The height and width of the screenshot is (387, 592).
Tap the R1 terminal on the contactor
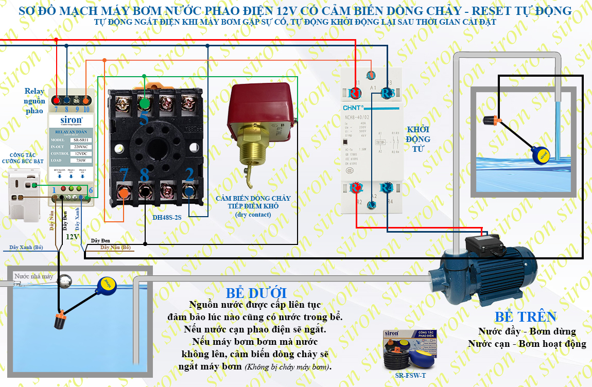tap(355, 93)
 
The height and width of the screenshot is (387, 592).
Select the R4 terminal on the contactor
tap(387, 188)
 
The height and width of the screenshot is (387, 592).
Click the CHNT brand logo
tap(353, 108)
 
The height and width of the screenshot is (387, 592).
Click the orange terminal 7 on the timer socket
tap(124, 192)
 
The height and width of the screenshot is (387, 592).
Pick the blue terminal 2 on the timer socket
tap(189, 192)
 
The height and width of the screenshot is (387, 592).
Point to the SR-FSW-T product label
tap(408, 375)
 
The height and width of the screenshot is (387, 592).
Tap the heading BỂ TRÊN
tap(526, 316)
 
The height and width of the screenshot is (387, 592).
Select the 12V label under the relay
tap(72, 237)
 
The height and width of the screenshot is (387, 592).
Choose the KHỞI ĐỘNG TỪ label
tap(417, 139)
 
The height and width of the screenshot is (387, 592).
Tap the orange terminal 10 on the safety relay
tap(85, 101)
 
